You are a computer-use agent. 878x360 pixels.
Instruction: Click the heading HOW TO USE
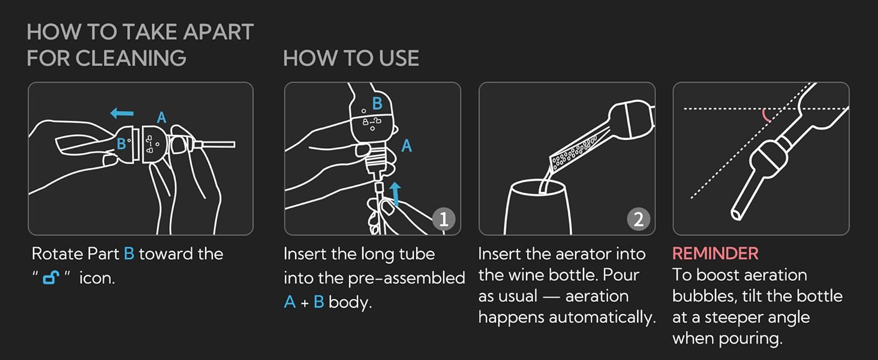point(351,58)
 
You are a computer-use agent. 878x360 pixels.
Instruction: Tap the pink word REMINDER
point(715,254)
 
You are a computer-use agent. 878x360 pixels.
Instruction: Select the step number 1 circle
point(443,220)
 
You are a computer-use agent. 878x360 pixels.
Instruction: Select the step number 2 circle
point(638,220)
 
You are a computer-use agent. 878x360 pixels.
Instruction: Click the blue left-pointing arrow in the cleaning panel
point(122,113)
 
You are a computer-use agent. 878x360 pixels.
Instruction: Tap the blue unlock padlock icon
point(50,277)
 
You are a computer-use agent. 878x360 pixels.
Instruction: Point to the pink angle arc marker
point(767,115)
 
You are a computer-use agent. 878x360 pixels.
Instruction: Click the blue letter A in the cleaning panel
point(161,118)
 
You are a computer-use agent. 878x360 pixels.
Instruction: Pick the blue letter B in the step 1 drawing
point(377,104)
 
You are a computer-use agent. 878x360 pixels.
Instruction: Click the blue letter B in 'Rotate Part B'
point(128,254)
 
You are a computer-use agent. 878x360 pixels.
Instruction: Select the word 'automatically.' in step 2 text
point(610,317)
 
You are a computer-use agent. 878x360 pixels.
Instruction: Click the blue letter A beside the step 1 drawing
point(407,146)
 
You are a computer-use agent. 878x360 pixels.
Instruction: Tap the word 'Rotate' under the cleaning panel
point(56,254)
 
